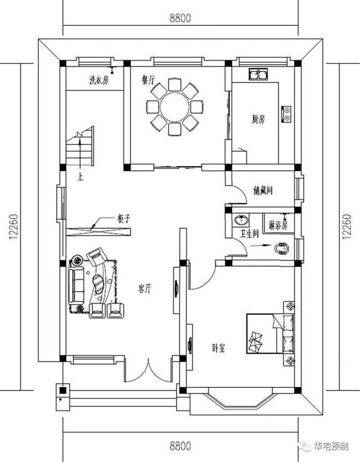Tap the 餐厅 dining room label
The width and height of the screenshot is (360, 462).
pos(148,80)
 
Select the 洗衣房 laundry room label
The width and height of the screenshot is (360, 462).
pos(98,80)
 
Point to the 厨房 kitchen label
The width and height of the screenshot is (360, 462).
pos(258,119)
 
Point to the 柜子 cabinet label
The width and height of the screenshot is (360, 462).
pos(124,218)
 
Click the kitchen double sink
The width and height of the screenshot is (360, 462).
pos(258,74)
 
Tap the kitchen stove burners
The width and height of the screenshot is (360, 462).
pos(287,114)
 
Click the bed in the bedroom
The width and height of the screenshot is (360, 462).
pos(269,334)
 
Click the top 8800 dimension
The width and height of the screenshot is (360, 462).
pos(180,17)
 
